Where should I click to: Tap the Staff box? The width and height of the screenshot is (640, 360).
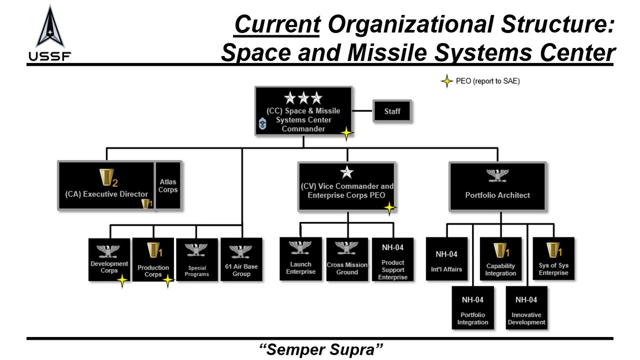pos(392,111)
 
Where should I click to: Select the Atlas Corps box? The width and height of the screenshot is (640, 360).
pos(168,186)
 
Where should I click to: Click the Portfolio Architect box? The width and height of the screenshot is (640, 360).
pos(497,186)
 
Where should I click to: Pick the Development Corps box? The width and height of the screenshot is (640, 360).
pos(109,260)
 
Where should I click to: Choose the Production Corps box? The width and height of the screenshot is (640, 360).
pos(153,260)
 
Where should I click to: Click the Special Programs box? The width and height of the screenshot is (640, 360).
pos(197,260)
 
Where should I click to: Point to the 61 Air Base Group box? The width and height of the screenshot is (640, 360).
pos(242,260)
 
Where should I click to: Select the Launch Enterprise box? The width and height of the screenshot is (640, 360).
pos(301,259)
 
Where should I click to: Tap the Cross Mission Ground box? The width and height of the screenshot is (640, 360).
pos(347,259)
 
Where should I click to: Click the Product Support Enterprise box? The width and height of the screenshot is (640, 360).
pos(393,259)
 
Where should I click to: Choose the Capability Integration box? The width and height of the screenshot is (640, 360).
pos(501,259)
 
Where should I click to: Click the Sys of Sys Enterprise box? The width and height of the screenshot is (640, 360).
pos(553,259)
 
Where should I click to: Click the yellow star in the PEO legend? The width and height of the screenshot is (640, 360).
pos(446,82)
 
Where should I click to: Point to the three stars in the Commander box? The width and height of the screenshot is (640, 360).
pos(303,98)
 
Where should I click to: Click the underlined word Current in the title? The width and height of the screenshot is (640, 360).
pos(277,25)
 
